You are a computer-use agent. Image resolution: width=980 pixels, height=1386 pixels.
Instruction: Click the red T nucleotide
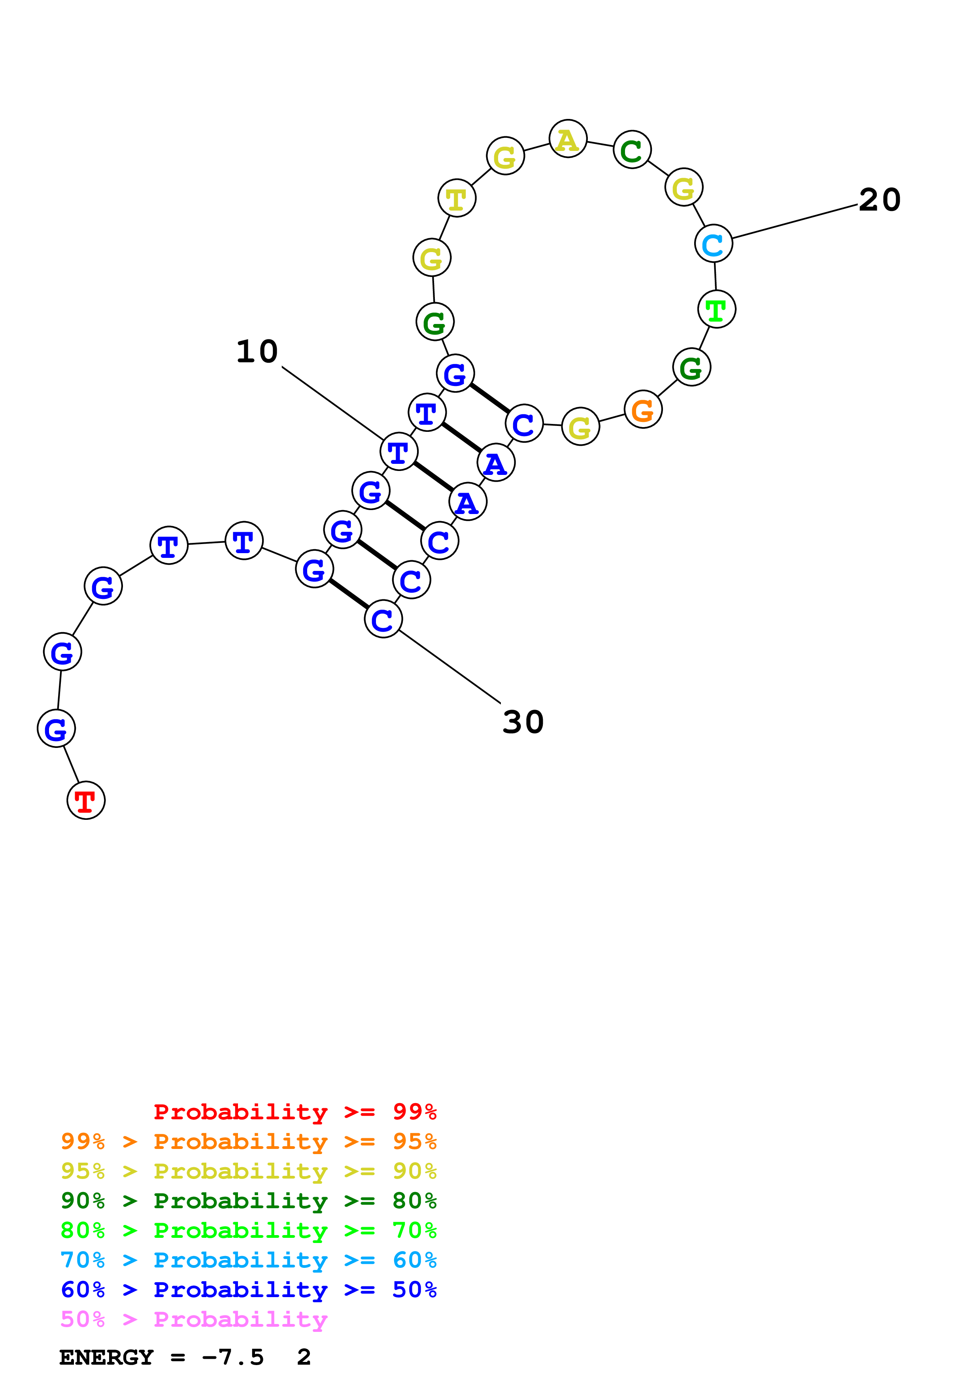click(86, 800)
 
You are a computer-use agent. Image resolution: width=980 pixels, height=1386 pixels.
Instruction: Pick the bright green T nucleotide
click(716, 310)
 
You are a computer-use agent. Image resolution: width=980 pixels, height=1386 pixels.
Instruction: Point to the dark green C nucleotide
click(632, 150)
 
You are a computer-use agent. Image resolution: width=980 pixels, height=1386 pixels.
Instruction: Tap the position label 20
click(880, 200)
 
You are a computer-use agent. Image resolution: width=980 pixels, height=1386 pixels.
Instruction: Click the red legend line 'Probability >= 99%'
click(295, 1112)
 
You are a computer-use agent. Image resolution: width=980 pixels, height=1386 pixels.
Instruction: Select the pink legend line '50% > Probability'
click(194, 1320)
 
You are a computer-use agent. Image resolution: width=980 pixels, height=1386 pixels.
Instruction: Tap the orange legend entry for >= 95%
click(248, 1141)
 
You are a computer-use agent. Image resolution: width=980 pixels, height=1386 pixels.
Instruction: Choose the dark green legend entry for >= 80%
click(248, 1201)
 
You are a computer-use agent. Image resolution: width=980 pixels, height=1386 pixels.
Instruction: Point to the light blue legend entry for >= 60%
click(248, 1260)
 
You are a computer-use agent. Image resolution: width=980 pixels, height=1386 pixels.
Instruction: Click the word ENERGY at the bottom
click(106, 1358)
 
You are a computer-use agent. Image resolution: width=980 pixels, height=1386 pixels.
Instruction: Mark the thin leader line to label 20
click(795, 222)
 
